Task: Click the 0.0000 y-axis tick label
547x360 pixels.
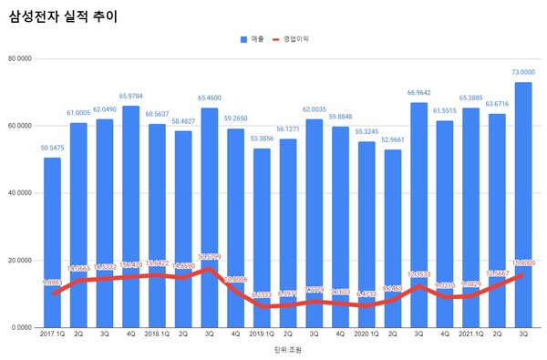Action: tap(21, 327)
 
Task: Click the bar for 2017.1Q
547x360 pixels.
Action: tap(52, 242)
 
